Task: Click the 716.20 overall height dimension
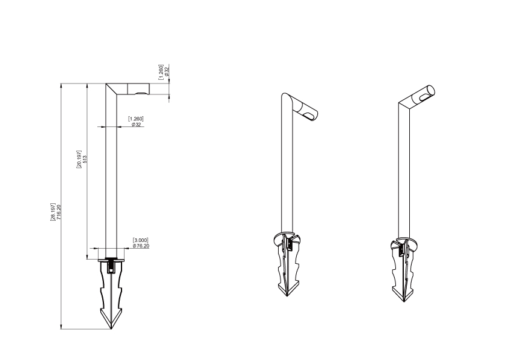coord(59,212)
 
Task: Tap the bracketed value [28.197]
coord(53,212)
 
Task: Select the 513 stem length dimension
coord(85,159)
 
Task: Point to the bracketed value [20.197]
coord(79,159)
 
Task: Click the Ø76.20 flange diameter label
coord(141,246)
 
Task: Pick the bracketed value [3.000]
coord(141,240)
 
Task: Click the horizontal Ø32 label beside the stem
coord(137,125)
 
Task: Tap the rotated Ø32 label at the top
coord(167,71)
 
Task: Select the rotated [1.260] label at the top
coord(161,72)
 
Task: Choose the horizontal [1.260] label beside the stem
coord(135,119)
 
